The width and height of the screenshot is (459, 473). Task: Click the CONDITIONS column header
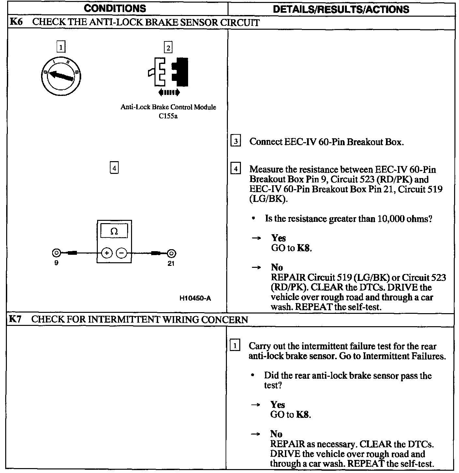coord(115,8)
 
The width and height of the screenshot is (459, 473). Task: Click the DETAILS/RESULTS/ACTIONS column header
coord(341,9)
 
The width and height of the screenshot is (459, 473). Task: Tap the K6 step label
coord(16,22)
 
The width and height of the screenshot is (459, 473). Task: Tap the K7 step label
coord(15,319)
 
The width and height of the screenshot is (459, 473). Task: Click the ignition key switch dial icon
coord(61,76)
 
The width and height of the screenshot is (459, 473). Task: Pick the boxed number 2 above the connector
coord(168,48)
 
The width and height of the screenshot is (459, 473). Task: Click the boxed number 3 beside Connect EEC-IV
coord(235,142)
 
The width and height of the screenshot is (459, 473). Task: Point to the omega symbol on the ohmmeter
coord(114,232)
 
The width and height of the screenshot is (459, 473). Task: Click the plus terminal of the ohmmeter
coord(107,253)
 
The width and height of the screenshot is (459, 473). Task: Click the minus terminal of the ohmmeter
coord(122,253)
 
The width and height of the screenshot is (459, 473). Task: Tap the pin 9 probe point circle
coord(56,253)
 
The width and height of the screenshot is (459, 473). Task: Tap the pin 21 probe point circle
coord(171,253)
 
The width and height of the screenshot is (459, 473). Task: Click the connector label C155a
coord(168,116)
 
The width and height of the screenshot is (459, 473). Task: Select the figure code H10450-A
coord(195,298)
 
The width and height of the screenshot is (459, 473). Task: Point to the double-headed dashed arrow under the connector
coord(169,93)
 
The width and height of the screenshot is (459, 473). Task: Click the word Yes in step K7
coord(277,404)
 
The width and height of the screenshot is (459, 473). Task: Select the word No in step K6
coord(277,267)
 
